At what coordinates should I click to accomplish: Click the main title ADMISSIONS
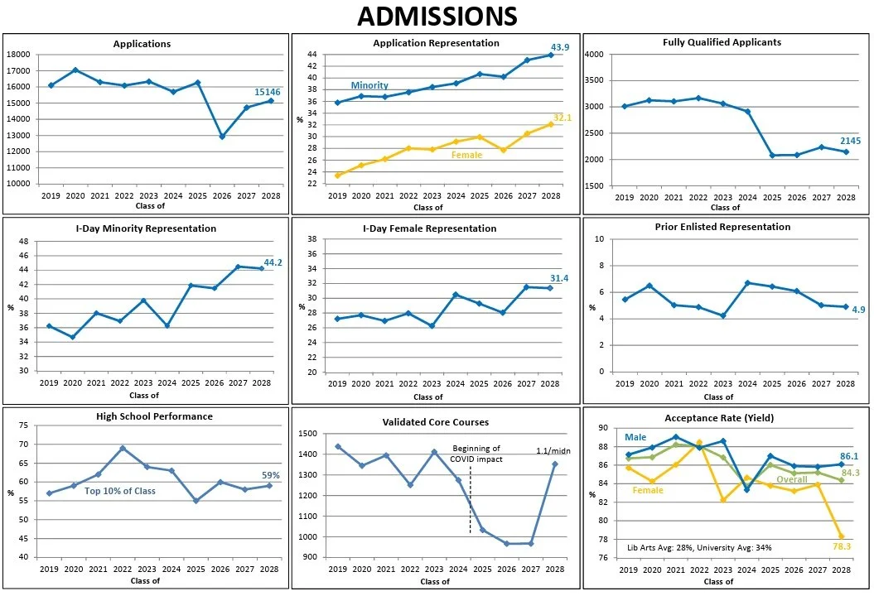tap(437, 16)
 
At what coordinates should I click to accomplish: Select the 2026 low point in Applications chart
tap(221, 136)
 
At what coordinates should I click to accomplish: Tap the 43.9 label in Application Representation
tap(558, 47)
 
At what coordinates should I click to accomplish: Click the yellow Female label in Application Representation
tap(466, 155)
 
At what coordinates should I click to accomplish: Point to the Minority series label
tap(369, 85)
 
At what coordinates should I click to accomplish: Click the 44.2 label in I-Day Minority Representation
tap(274, 262)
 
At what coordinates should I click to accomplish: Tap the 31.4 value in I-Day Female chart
tap(559, 278)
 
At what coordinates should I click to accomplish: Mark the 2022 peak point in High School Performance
tap(123, 448)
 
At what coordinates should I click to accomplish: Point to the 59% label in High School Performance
tap(271, 475)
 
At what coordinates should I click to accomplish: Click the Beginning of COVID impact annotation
tap(475, 453)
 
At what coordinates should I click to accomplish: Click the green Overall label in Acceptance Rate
tap(791, 479)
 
